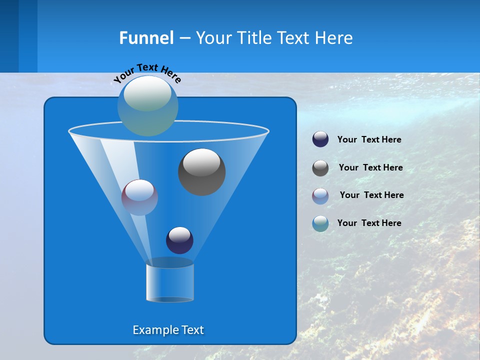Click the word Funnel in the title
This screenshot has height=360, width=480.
146,38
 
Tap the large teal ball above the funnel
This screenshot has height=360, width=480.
148,105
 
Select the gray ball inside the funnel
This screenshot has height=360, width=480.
201,172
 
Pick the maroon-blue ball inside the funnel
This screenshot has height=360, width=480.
139,197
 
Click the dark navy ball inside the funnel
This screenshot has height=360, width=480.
179,240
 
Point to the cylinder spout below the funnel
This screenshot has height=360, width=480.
170,282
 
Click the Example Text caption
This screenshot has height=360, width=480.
168,330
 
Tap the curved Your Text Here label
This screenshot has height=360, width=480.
147,72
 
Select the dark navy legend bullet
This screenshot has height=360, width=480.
320,139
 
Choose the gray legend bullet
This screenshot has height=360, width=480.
320,168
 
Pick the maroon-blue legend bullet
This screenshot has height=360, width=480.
320,195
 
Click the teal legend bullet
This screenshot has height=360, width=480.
320,223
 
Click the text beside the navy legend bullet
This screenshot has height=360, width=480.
369,139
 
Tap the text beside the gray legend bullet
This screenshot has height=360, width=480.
370,167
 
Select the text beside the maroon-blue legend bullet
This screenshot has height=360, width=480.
371,195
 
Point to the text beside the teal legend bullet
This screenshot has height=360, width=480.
369,223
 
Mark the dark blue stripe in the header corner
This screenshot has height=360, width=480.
9,36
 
